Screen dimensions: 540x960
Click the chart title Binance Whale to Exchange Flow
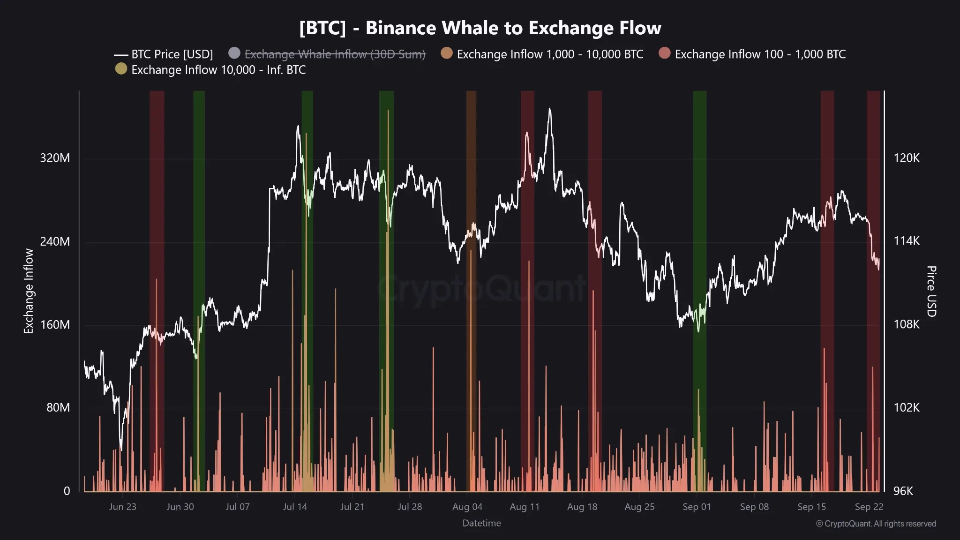[x=480, y=28]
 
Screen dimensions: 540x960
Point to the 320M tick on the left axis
[x=55, y=158]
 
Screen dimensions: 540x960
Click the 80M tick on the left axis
[x=58, y=407]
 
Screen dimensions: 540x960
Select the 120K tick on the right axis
[x=906, y=158]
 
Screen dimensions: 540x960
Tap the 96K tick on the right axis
[x=903, y=491]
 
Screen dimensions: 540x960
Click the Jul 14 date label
[x=295, y=507]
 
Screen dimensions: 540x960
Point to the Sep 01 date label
[x=697, y=507]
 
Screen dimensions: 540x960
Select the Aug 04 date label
[x=467, y=507]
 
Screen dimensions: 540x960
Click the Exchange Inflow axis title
[x=29, y=291]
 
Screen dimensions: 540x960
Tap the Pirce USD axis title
[x=931, y=291]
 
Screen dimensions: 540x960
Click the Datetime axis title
[x=481, y=523]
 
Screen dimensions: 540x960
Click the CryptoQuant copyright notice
[x=876, y=524]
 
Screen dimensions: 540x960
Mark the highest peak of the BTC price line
[x=550, y=109]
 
